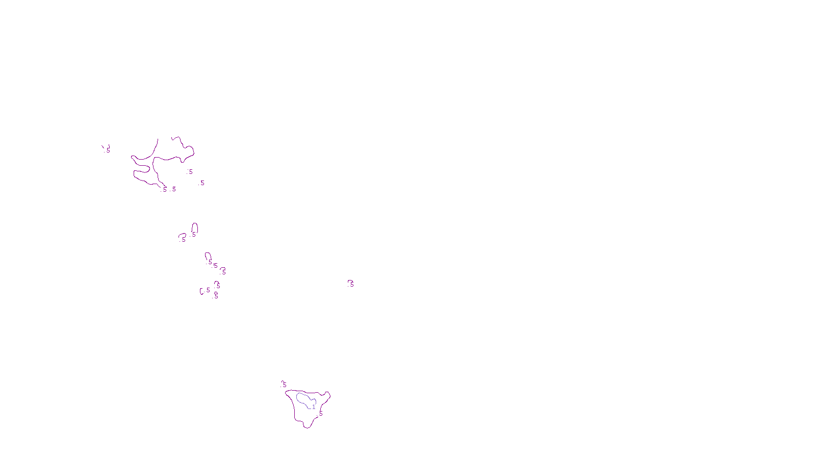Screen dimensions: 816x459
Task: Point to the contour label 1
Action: click(x=314, y=407)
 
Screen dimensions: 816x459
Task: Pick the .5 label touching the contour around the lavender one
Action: click(x=320, y=414)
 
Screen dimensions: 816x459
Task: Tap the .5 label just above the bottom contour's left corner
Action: click(x=284, y=385)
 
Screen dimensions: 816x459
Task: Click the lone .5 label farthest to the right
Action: click(x=351, y=284)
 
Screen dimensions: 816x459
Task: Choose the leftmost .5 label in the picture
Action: click(x=108, y=150)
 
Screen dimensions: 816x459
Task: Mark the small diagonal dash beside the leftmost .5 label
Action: click(x=103, y=147)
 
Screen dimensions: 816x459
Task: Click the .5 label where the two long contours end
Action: click(x=164, y=189)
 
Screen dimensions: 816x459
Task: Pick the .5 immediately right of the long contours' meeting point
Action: click(x=174, y=189)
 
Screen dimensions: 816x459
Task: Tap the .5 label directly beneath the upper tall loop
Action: click(x=194, y=235)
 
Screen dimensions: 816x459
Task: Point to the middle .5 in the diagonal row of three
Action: click(x=215, y=266)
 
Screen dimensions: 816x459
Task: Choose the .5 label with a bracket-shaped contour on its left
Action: click(x=208, y=290)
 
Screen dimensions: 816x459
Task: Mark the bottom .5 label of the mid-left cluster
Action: click(x=216, y=296)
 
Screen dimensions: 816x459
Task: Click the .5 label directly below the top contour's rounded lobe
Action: click(x=190, y=172)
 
